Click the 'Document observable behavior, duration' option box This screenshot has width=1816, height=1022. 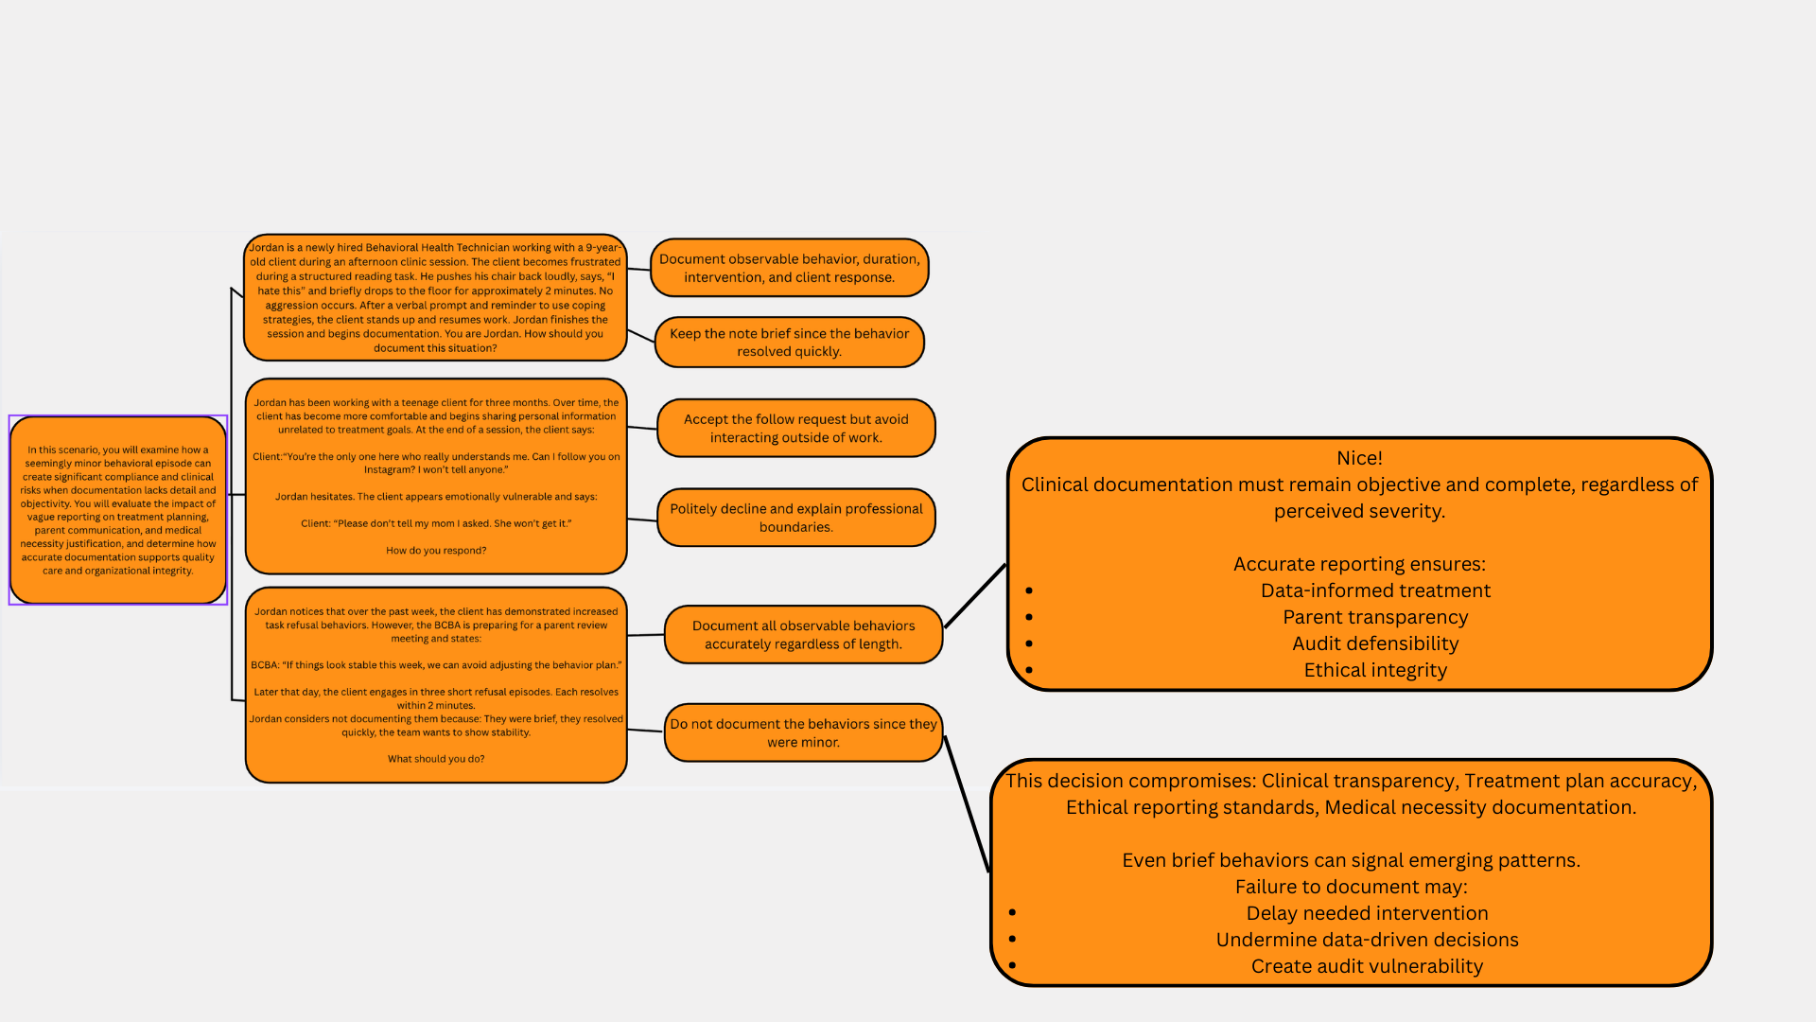click(x=789, y=268)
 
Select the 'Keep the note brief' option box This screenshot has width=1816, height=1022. click(x=789, y=343)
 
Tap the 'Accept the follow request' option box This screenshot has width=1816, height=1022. click(x=795, y=429)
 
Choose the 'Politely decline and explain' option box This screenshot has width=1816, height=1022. click(x=795, y=518)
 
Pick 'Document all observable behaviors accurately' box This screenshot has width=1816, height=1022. click(x=803, y=635)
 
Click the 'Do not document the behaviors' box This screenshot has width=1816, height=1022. click(x=803, y=733)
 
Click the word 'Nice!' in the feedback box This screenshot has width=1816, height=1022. click(x=1359, y=458)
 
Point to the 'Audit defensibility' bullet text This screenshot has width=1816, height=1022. click(x=1375, y=643)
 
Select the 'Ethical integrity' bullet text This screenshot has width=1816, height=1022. click(x=1375, y=670)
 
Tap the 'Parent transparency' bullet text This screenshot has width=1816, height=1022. click(x=1375, y=617)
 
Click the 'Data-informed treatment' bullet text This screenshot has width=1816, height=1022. click(x=1375, y=590)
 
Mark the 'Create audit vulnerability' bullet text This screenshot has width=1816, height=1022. click(x=1367, y=966)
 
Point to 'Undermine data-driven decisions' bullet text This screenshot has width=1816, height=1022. click(x=1367, y=940)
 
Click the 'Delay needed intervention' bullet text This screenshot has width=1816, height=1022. click(x=1367, y=913)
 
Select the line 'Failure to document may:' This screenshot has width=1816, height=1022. click(x=1351, y=887)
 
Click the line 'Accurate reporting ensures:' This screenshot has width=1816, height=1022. click(x=1359, y=564)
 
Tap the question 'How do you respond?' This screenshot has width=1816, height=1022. click(x=436, y=551)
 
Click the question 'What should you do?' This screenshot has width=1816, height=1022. click(x=436, y=759)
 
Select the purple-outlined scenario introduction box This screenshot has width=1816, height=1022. click(x=118, y=510)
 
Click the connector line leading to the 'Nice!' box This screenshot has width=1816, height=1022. click(x=975, y=596)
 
